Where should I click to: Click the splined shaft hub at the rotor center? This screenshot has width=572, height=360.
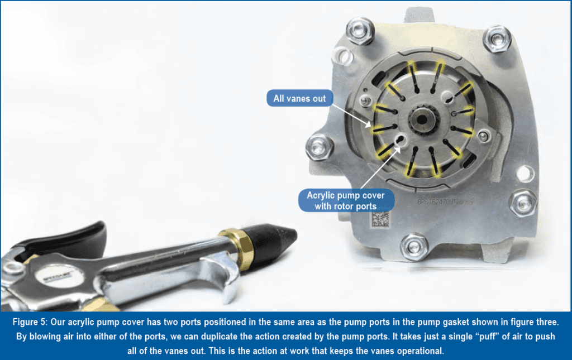[x=420, y=120]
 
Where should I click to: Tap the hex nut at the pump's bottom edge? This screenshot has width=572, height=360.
[x=413, y=244]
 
